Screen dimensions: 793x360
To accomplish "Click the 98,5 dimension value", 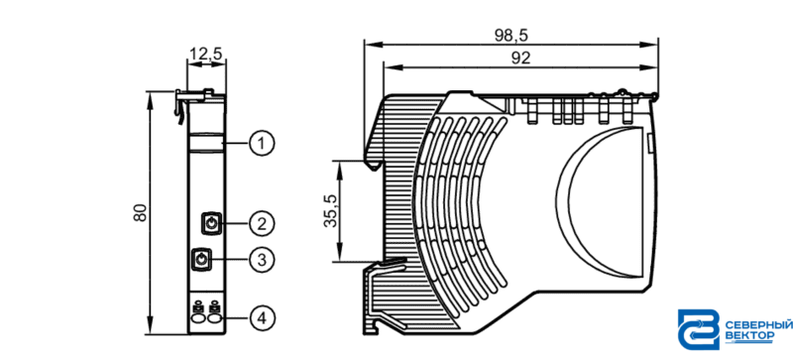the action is pos(510,35).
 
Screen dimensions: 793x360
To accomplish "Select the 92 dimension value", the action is pos(519,59).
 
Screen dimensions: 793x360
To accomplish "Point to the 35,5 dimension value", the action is pos(331,210).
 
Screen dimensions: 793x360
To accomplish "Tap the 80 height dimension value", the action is pos(140,212).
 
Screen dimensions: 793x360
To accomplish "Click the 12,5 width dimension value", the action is pos(206,53).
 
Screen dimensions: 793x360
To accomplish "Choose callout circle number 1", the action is pos(262,145).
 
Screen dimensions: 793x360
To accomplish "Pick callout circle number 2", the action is pos(262,223).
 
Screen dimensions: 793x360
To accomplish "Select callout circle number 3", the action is pos(262,260).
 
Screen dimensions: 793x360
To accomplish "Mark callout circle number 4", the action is pos(262,318).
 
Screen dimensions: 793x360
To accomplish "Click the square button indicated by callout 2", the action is pos(211,223).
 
